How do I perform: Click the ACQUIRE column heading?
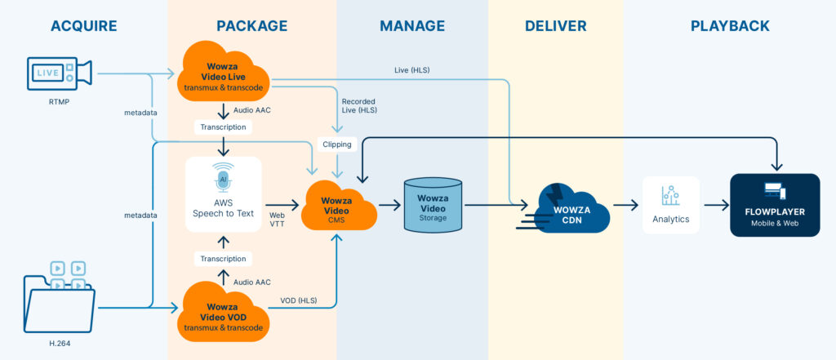(84, 26)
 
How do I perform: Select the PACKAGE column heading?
(251, 26)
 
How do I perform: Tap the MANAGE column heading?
(412, 26)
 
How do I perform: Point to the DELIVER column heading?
(555, 26)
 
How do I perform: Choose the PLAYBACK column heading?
(730, 26)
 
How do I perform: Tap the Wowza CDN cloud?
(572, 207)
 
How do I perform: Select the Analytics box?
(671, 206)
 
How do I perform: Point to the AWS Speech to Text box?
(223, 195)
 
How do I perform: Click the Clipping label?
(337, 144)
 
